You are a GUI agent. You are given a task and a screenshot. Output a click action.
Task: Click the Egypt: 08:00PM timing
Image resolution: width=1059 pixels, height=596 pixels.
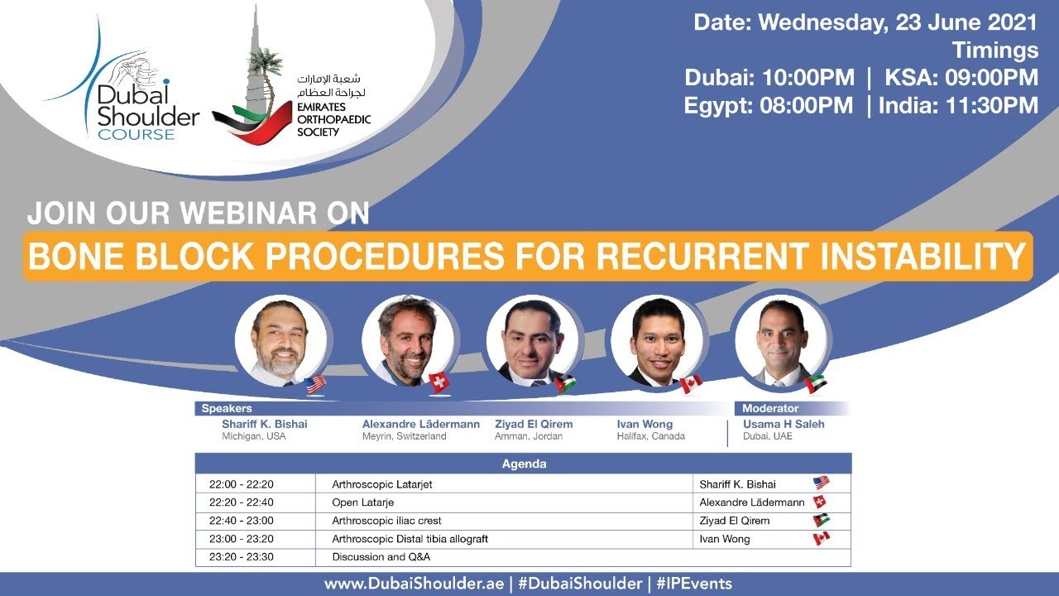pos(769,106)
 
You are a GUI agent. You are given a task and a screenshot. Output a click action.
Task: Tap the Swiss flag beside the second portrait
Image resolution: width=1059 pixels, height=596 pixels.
pos(438,382)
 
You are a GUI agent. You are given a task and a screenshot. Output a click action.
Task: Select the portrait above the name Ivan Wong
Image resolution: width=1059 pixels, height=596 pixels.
pos(657,340)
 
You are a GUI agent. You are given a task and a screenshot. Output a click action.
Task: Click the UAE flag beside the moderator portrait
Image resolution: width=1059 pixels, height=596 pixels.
pos(815,383)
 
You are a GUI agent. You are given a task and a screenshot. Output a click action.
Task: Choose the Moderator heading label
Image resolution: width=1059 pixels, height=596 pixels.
pos(769,408)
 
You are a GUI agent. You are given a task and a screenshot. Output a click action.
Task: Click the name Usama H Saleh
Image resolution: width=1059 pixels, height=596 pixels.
pos(783,424)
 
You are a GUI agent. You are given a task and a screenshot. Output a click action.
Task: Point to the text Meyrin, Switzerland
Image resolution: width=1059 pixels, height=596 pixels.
pos(404,436)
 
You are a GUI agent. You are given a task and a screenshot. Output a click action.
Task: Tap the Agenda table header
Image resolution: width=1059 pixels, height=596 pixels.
pos(523,464)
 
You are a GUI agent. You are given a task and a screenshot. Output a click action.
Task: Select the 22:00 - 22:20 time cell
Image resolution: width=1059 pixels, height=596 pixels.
pos(235,484)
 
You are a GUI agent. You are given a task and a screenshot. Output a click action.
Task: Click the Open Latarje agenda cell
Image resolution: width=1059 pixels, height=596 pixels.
pos(362,502)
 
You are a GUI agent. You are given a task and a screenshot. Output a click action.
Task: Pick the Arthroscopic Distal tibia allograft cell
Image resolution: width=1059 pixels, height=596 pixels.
pos(410,539)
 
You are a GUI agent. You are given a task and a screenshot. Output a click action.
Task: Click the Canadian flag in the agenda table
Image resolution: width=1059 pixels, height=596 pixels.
pos(821,539)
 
